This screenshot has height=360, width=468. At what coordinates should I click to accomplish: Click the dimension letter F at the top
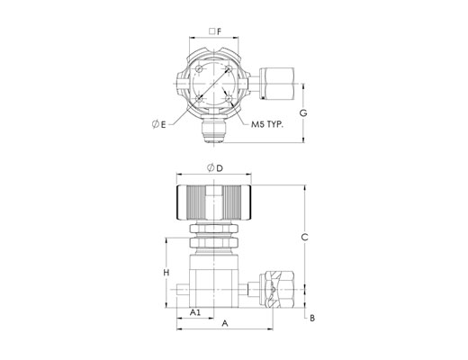(220, 31)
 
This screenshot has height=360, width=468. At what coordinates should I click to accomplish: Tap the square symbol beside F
(212, 31)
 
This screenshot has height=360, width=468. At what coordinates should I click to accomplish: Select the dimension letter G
(303, 113)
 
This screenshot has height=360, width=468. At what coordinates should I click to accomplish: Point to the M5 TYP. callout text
(267, 124)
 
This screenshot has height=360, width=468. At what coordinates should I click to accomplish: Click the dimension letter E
(163, 124)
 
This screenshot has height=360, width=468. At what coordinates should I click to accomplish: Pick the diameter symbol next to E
(156, 124)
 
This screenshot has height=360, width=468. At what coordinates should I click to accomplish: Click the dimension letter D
(220, 168)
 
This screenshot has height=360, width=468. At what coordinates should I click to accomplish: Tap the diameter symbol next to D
(211, 168)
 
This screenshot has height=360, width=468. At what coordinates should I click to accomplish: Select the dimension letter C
(305, 238)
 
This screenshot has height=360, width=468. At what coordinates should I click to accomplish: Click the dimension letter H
(166, 273)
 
